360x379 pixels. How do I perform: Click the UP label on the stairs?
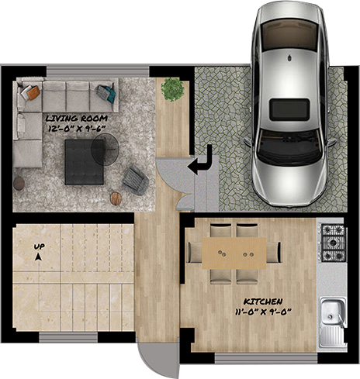pos(38,247)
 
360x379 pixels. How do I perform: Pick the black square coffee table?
pos(85,161)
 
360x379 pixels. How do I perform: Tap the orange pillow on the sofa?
pos(32,92)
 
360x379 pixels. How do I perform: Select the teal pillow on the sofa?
pos(104,93)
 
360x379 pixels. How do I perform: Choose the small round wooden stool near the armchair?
pos(116,199)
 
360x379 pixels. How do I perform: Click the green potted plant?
pos(171,89)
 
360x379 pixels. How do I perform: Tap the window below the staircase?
pos(74,337)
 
